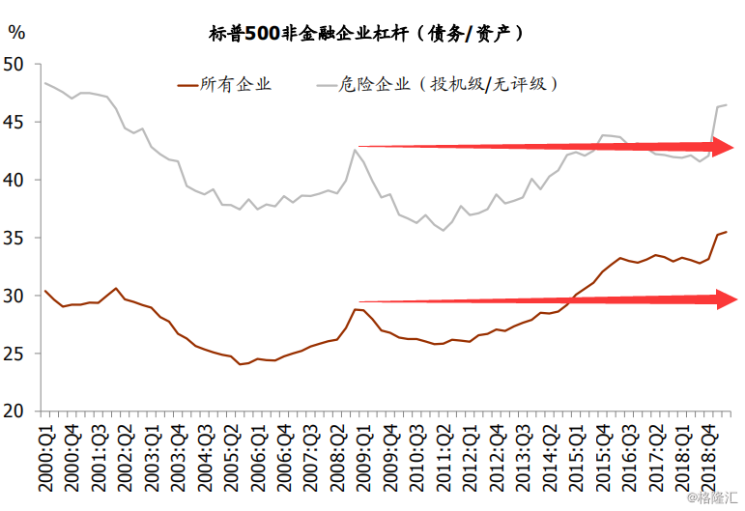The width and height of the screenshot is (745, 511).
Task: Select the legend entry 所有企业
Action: coord(235,84)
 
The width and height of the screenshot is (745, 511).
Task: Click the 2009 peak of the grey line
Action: coord(356,149)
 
